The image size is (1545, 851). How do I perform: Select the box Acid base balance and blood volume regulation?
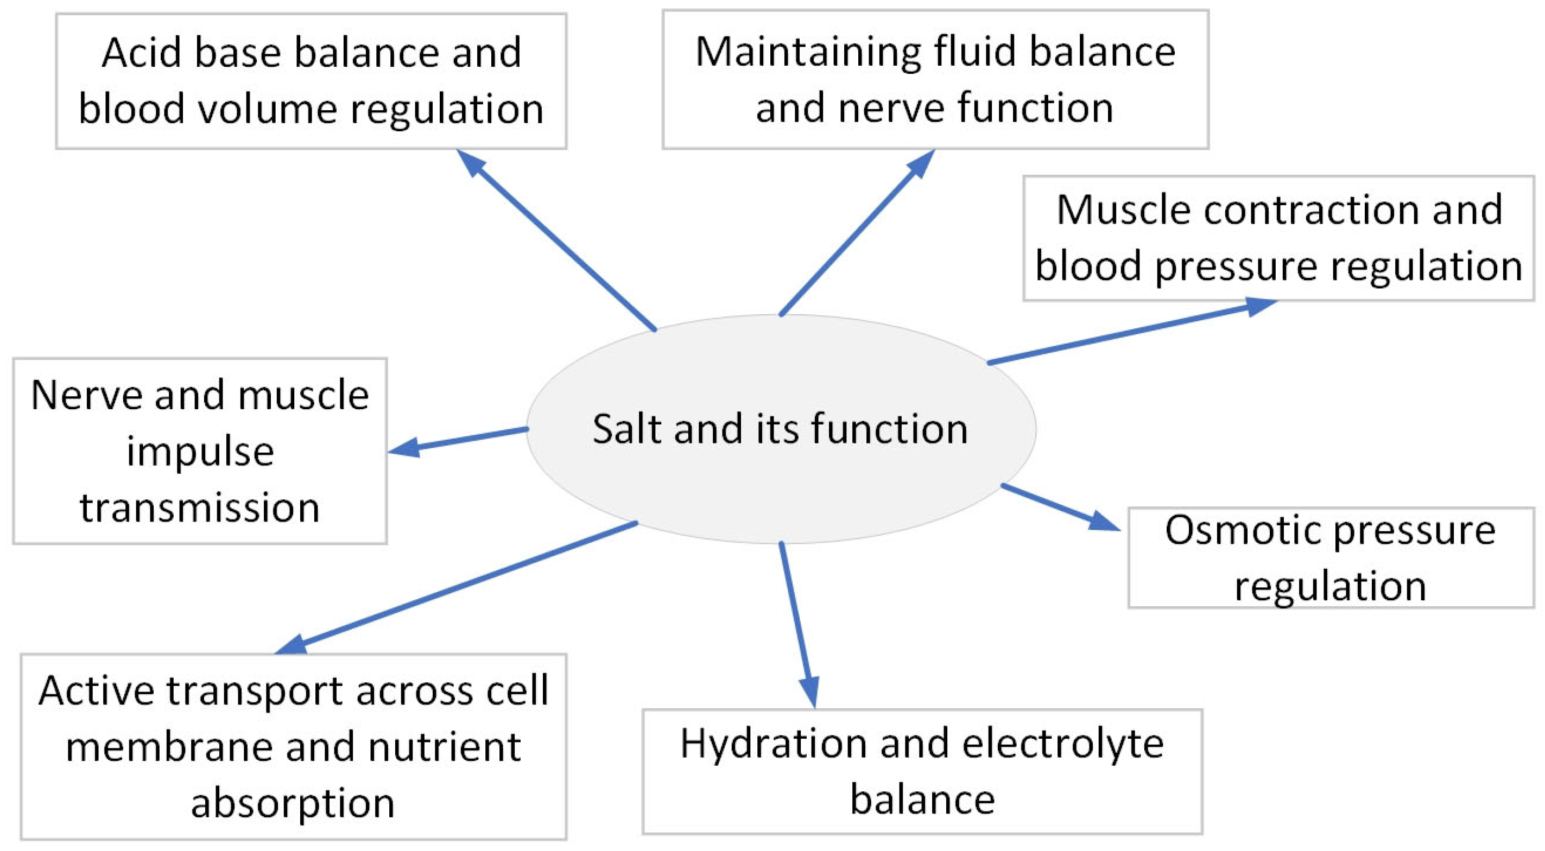(x=311, y=81)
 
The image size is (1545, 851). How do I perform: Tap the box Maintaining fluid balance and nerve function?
(x=935, y=79)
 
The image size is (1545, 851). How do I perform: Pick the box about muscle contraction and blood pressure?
(x=1278, y=238)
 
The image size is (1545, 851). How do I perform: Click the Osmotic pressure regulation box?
(x=1330, y=558)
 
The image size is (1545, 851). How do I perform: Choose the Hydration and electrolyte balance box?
(x=922, y=771)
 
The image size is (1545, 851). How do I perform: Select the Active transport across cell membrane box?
(x=293, y=747)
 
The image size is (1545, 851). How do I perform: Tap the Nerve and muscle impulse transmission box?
(x=200, y=451)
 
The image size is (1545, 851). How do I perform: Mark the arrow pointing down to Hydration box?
(x=797, y=624)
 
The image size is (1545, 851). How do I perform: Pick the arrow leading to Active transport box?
(x=456, y=588)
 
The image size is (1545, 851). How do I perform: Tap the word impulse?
(x=200, y=451)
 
